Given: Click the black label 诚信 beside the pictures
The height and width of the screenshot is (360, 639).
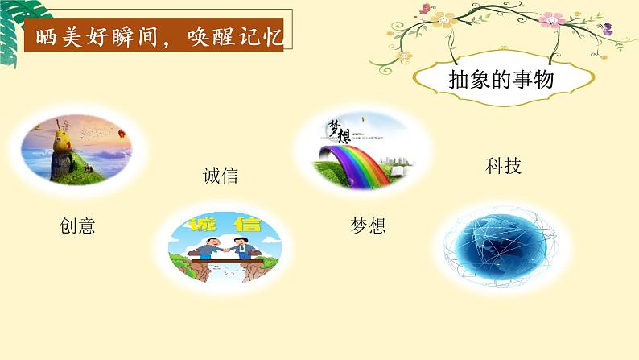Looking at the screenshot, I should (x=221, y=175).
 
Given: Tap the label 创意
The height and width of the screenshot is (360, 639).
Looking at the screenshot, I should (x=77, y=226).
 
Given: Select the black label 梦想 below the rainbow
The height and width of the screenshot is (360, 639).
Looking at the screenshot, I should (x=368, y=226).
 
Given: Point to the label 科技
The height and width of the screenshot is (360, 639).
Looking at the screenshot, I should (x=503, y=166).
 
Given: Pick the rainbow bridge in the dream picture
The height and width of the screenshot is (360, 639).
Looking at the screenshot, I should (x=354, y=158).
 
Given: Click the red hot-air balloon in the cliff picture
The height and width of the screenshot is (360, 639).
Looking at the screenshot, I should (x=121, y=134).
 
